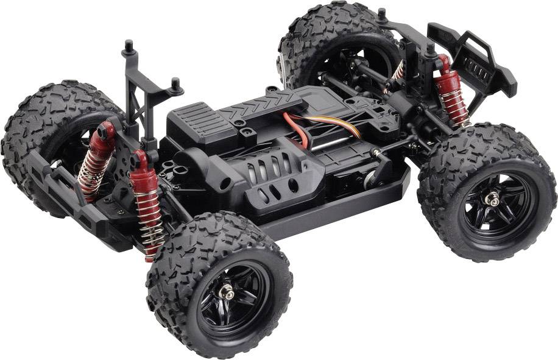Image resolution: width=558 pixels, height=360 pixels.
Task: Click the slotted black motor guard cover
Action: point(268,176)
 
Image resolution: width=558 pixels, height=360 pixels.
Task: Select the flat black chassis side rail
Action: point(341,210)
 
